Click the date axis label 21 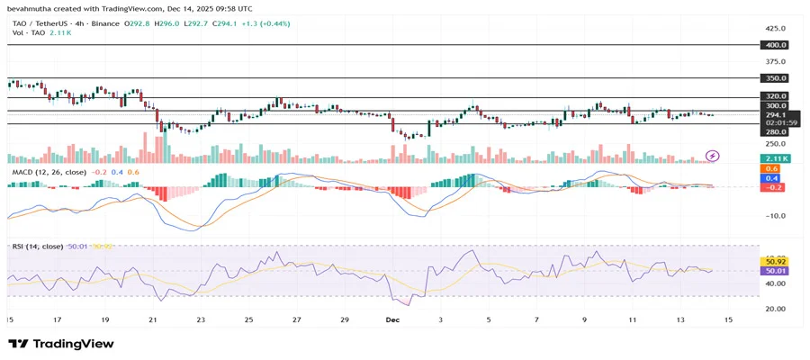[x=152, y=319]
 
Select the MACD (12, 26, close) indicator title [x=49, y=171]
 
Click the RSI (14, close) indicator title [x=37, y=246]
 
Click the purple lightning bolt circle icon [x=713, y=156]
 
